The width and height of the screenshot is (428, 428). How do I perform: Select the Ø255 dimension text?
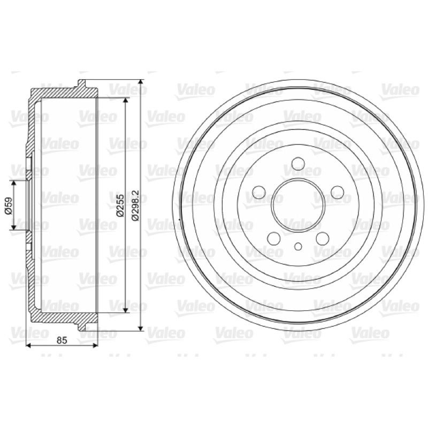click(x=120, y=205)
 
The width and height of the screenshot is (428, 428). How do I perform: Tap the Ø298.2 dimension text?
click(x=135, y=205)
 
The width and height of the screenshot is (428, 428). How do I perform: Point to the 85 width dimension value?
click(x=62, y=340)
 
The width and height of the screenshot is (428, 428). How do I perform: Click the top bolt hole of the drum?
click(x=298, y=164)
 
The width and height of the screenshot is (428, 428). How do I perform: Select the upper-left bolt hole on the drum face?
click(x=259, y=192)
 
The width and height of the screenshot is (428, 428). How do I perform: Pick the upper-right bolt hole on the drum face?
click(x=337, y=192)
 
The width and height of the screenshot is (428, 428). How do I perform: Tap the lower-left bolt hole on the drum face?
click(x=274, y=238)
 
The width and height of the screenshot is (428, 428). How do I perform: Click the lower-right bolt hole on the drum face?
click(x=323, y=238)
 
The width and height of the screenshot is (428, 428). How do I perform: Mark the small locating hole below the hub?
click(x=298, y=247)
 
